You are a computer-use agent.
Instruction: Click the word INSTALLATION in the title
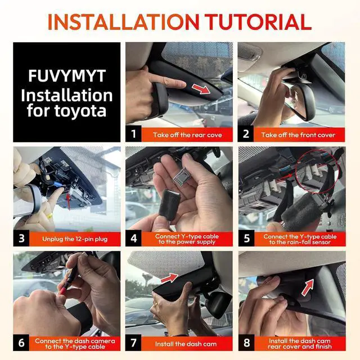click(x=124, y=22)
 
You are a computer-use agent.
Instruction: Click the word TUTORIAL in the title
click(x=258, y=22)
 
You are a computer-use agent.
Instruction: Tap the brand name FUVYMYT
click(x=67, y=76)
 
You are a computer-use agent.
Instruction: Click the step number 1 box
click(x=133, y=134)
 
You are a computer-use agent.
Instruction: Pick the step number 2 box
click(x=246, y=134)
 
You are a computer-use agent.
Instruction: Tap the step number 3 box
click(x=21, y=238)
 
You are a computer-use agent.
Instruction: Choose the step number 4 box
click(x=134, y=238)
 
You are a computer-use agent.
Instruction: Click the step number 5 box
click(x=246, y=238)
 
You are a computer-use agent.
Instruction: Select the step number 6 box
click(x=21, y=343)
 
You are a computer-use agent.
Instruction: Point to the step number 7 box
click(x=133, y=343)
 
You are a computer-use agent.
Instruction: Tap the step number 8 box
click(x=246, y=343)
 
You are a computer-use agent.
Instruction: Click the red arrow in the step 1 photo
click(x=201, y=89)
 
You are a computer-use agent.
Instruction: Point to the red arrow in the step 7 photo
click(x=169, y=278)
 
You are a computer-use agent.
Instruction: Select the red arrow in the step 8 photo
click(x=308, y=287)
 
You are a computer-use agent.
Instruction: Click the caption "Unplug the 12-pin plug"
click(x=75, y=239)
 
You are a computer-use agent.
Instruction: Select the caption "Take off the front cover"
click(x=298, y=135)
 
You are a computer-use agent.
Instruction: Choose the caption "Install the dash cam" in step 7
click(x=186, y=344)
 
